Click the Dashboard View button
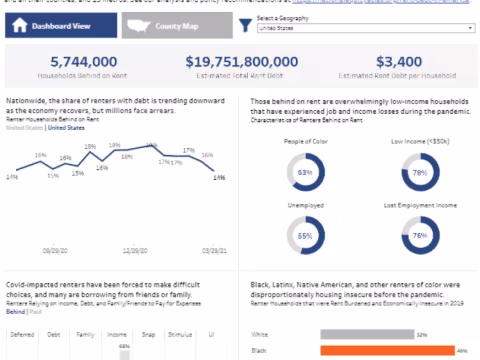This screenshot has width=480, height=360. point(61,26)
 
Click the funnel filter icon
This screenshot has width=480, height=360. point(246,25)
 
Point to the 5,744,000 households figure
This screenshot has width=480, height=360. point(83,62)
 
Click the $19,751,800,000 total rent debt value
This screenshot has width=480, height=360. point(241,62)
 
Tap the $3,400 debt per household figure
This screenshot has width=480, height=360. point(398,62)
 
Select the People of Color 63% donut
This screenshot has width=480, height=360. point(305,173)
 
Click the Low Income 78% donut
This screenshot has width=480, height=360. point(420,173)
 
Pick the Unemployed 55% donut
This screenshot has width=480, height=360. point(305,236)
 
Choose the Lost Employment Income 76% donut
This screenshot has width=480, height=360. point(420,236)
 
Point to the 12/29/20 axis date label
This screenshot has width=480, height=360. point(135,251)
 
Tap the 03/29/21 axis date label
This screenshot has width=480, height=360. point(215,251)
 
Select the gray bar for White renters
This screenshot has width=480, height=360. point(366,334)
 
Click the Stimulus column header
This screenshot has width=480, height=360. point(180,335)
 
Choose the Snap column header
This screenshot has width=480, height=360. point(148,335)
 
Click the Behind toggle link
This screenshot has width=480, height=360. point(15,311)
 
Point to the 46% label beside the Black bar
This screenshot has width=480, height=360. point(462,350)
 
